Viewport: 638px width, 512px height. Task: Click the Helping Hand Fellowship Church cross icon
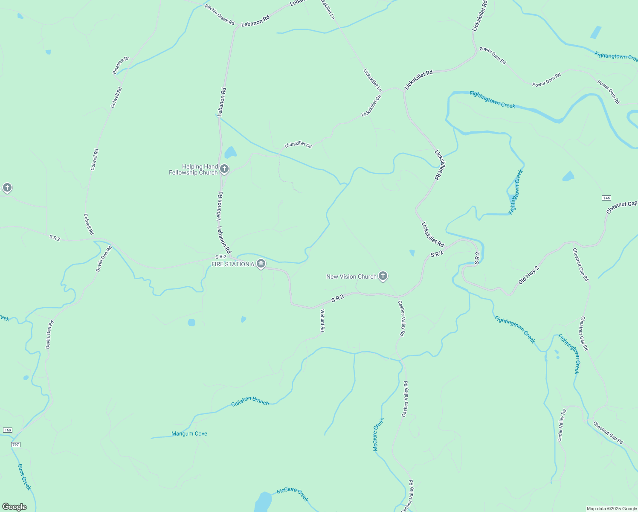tap(224, 169)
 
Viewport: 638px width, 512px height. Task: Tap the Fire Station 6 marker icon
tap(261, 264)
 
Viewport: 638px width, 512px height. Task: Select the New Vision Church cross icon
tap(383, 276)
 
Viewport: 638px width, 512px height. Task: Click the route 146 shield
tap(606, 198)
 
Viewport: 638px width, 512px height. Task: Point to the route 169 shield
tap(8, 430)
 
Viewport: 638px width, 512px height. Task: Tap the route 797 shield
tap(16, 445)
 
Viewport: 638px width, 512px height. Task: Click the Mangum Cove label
tap(189, 433)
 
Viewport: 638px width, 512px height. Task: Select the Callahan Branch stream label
tap(250, 401)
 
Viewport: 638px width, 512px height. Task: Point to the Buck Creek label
tap(24, 477)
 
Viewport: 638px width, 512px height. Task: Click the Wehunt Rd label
tap(322, 321)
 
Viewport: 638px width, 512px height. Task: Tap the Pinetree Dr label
tap(121, 65)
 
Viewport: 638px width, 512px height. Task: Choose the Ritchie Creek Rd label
tap(220, 15)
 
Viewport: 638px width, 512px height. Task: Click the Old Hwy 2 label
tap(529, 275)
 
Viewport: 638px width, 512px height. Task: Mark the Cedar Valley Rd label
tap(562, 425)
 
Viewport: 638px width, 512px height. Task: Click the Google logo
tap(14, 507)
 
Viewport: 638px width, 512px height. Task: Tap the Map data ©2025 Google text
tap(612, 509)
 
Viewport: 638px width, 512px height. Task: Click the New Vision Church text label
tap(351, 276)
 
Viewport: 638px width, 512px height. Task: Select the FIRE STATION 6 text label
tap(233, 264)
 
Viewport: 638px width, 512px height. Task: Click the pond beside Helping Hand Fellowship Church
tap(230, 152)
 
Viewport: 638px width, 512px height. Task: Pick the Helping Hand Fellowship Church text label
tap(194, 169)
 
